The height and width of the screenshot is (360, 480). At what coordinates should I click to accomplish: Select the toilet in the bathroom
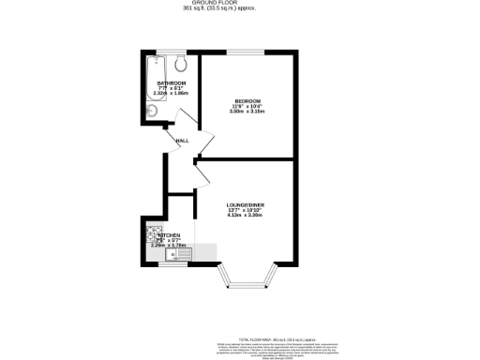click(x=182, y=63)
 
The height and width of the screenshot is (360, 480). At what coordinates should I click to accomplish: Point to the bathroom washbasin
click(x=151, y=112)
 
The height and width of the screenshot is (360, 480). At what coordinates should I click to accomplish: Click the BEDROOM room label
click(x=247, y=100)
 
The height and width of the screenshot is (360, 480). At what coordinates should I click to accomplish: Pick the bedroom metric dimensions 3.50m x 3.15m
click(x=247, y=112)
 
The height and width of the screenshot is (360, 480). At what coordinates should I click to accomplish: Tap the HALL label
click(x=182, y=141)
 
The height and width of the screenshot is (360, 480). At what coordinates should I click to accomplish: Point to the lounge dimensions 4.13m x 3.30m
click(x=244, y=216)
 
